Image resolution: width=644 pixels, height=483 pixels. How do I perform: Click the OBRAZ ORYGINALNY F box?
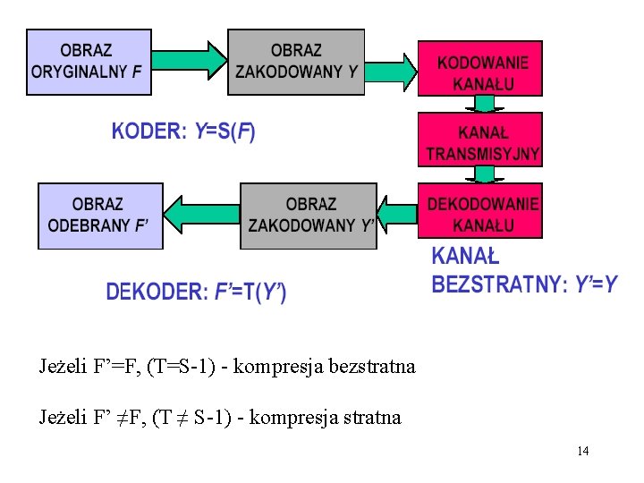point(89,62)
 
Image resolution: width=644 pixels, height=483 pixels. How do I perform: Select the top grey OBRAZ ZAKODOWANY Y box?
point(296,62)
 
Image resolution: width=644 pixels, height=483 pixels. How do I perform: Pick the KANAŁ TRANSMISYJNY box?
point(483,140)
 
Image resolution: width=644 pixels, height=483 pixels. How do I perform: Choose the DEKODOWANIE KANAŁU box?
point(483,212)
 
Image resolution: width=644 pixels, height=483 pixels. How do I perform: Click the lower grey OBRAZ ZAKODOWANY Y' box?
point(309,216)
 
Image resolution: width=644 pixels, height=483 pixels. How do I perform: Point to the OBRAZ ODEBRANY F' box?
point(100,216)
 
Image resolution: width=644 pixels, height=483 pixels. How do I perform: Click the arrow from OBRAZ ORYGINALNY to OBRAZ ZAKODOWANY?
point(191,61)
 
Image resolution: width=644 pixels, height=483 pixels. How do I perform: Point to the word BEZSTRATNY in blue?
point(498,285)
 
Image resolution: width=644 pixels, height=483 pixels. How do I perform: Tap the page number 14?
point(582,451)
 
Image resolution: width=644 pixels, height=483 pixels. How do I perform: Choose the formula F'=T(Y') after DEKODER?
point(251,292)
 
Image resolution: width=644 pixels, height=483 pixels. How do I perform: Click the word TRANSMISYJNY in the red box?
point(483,154)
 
